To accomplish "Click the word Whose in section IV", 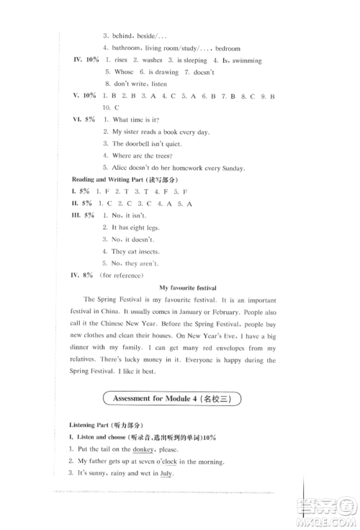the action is point(124,72).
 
